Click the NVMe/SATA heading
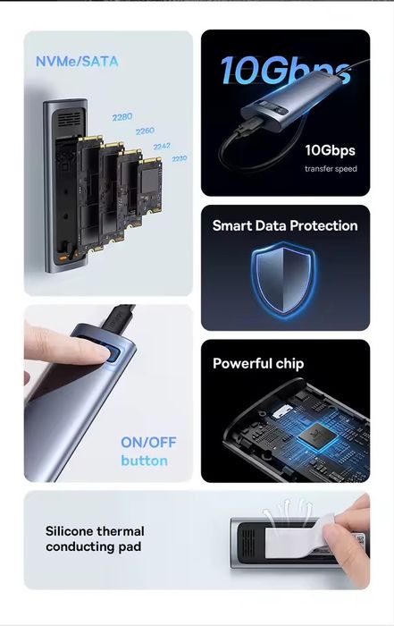[77, 62]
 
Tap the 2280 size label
[122, 117]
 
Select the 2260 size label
[145, 131]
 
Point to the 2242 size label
[162, 146]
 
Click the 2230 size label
[179, 158]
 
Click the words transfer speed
[331, 169]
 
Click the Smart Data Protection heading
[285, 226]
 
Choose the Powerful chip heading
[258, 364]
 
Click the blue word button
[145, 461]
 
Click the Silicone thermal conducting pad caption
[95, 539]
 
